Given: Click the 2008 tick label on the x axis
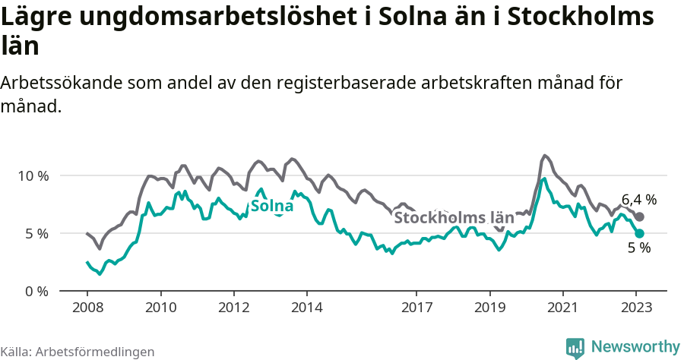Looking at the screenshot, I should (x=87, y=308).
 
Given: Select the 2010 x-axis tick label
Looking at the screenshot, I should (x=160, y=308).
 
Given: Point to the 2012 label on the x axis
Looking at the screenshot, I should (x=233, y=308).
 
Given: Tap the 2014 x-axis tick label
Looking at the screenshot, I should (x=306, y=308).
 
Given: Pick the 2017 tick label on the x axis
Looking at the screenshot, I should (x=416, y=308).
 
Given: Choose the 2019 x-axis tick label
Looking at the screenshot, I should (x=489, y=308).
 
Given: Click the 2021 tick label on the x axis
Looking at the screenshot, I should (x=562, y=308).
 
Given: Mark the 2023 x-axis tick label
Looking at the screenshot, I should (x=636, y=308).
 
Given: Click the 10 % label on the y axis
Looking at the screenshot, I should (x=33, y=175).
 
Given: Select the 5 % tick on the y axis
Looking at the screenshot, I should (x=36, y=233).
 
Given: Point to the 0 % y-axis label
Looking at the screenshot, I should (x=36, y=291).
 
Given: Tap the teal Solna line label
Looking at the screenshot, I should (x=272, y=206).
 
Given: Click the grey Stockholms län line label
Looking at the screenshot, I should (x=454, y=218).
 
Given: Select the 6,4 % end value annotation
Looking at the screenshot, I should (x=639, y=200).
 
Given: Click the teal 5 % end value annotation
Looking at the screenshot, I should (x=639, y=248).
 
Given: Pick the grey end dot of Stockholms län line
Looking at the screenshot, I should (x=640, y=217).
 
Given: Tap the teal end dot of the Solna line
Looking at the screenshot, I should (x=640, y=233).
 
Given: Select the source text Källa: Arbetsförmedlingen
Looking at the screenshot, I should (x=78, y=352).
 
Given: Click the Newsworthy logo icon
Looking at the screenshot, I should (x=575, y=347).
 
